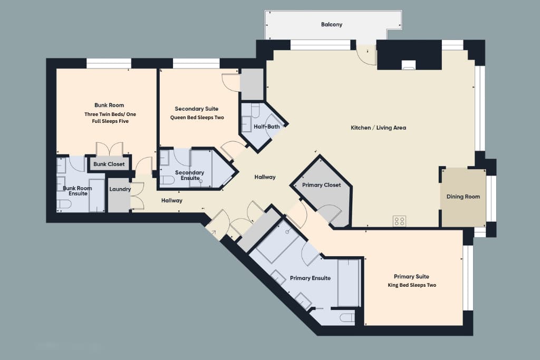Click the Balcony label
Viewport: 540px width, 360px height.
click(x=331, y=24)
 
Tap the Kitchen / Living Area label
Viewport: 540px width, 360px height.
click(x=378, y=128)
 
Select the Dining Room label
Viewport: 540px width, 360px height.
click(x=463, y=197)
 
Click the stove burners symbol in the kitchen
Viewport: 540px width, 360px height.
click(x=400, y=221)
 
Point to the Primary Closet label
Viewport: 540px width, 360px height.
click(x=321, y=185)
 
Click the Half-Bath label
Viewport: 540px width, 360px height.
click(x=266, y=127)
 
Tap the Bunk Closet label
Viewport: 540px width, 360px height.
click(x=109, y=164)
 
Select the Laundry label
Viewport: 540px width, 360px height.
click(x=120, y=189)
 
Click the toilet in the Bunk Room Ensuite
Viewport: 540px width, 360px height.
click(x=64, y=204)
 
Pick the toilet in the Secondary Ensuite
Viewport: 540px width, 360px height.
click(x=167, y=180)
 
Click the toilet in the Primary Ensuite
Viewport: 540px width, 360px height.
click(x=347, y=317)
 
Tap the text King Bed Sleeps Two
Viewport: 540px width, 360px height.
click(x=412, y=285)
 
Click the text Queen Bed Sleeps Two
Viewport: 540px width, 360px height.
click(x=197, y=118)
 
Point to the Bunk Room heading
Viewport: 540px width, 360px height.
click(x=109, y=105)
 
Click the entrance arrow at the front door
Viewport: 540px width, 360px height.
click(x=213, y=233)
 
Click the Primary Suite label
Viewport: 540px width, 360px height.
click(x=411, y=276)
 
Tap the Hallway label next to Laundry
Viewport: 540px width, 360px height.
click(x=171, y=200)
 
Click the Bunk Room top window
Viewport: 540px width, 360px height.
click(x=109, y=63)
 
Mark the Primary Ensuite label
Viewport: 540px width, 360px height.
click(x=310, y=278)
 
